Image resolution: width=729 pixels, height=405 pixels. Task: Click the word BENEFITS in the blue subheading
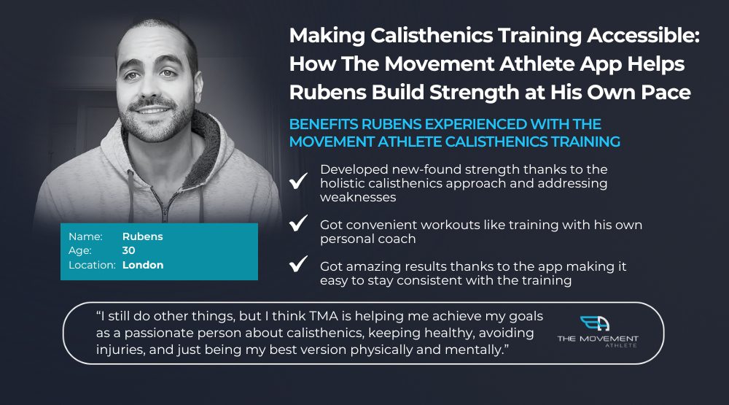click(324, 124)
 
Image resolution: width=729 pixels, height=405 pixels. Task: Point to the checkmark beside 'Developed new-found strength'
click(298, 181)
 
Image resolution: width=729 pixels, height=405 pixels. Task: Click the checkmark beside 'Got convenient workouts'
click(298, 223)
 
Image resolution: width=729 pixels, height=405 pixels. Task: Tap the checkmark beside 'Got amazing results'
click(298, 263)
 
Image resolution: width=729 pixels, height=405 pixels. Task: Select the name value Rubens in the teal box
click(142, 236)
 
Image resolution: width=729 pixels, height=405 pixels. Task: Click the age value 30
click(129, 250)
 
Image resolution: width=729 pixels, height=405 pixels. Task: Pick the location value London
click(143, 265)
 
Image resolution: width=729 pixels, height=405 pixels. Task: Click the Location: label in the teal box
click(92, 265)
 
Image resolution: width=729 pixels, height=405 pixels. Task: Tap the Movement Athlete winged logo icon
click(595, 323)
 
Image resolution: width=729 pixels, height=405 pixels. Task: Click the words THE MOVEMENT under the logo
click(598, 339)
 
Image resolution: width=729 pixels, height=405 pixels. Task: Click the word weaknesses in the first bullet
click(358, 197)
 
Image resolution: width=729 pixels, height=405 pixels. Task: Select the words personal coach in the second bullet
click(367, 239)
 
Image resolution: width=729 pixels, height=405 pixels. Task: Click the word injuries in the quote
click(121, 350)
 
